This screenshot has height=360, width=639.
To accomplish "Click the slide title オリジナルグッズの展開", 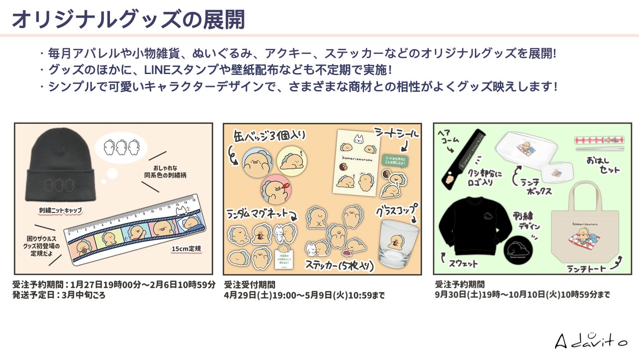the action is coord(128,19).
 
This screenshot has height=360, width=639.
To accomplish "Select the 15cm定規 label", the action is coord(186,249).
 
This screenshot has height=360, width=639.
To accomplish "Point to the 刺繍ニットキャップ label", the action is coord(60,210).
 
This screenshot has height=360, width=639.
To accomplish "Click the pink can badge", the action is coord(276,191).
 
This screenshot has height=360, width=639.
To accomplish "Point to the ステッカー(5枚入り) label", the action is coord(340,265).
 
